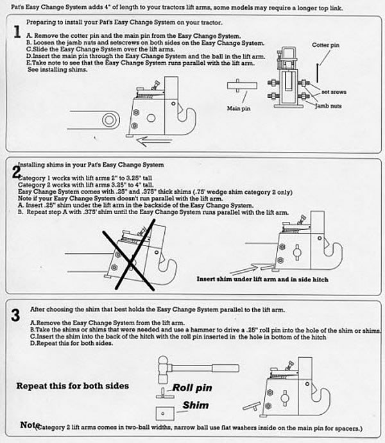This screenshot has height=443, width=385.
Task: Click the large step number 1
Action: [17, 33]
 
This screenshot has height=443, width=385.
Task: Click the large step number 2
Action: [17, 172]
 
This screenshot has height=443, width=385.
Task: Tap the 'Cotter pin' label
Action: [326, 46]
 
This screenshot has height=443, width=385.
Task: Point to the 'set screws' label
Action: [334, 92]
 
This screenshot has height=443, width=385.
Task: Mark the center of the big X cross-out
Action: [130, 256]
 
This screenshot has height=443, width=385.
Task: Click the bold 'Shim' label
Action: [195, 405]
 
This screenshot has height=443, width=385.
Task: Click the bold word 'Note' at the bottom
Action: [30, 425]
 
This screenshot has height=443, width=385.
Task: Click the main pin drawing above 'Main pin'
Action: [239, 89]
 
